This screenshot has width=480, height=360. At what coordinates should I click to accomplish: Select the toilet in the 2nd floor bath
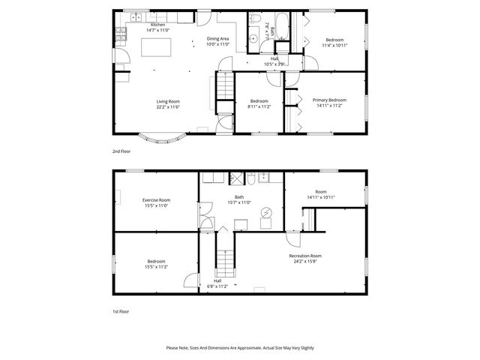click(255, 20)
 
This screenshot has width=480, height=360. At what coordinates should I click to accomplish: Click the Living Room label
click(168, 101)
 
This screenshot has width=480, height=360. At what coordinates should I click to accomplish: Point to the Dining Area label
click(218, 39)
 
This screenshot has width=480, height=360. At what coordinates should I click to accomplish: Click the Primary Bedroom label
click(329, 100)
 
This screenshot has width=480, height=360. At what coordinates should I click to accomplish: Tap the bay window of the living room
click(164, 138)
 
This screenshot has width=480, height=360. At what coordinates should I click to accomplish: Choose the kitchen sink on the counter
click(136, 16)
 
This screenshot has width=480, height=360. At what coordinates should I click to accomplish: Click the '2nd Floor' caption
click(121, 151)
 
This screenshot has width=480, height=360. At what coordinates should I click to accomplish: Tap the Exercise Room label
click(156, 199)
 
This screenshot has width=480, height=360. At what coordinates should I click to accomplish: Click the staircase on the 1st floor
click(224, 263)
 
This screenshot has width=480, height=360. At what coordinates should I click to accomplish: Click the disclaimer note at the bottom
click(240, 348)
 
